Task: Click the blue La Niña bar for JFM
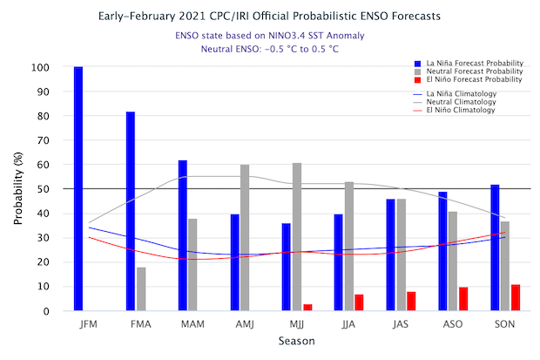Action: click(78, 188)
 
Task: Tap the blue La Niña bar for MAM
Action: click(183, 235)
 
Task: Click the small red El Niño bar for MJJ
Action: click(307, 307)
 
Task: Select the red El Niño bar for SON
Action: click(516, 297)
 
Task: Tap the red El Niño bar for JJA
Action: click(360, 302)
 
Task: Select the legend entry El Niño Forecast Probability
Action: click(467, 79)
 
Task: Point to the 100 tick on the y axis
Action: click(60, 67)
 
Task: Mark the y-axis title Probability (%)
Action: click(18, 189)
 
